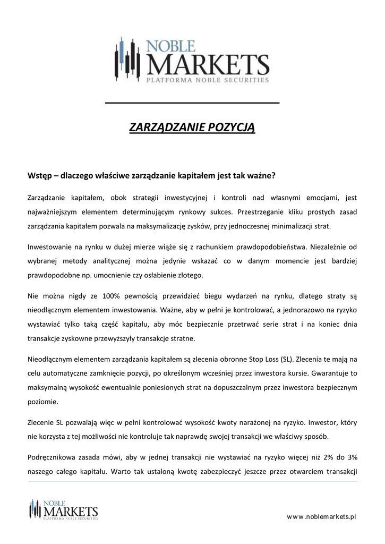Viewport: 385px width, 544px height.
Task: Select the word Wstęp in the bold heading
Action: [40, 174]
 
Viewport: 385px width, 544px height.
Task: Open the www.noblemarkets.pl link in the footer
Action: [321, 516]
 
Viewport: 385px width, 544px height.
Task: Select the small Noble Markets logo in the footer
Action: [64, 509]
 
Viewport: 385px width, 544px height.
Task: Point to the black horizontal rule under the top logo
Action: [192, 102]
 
